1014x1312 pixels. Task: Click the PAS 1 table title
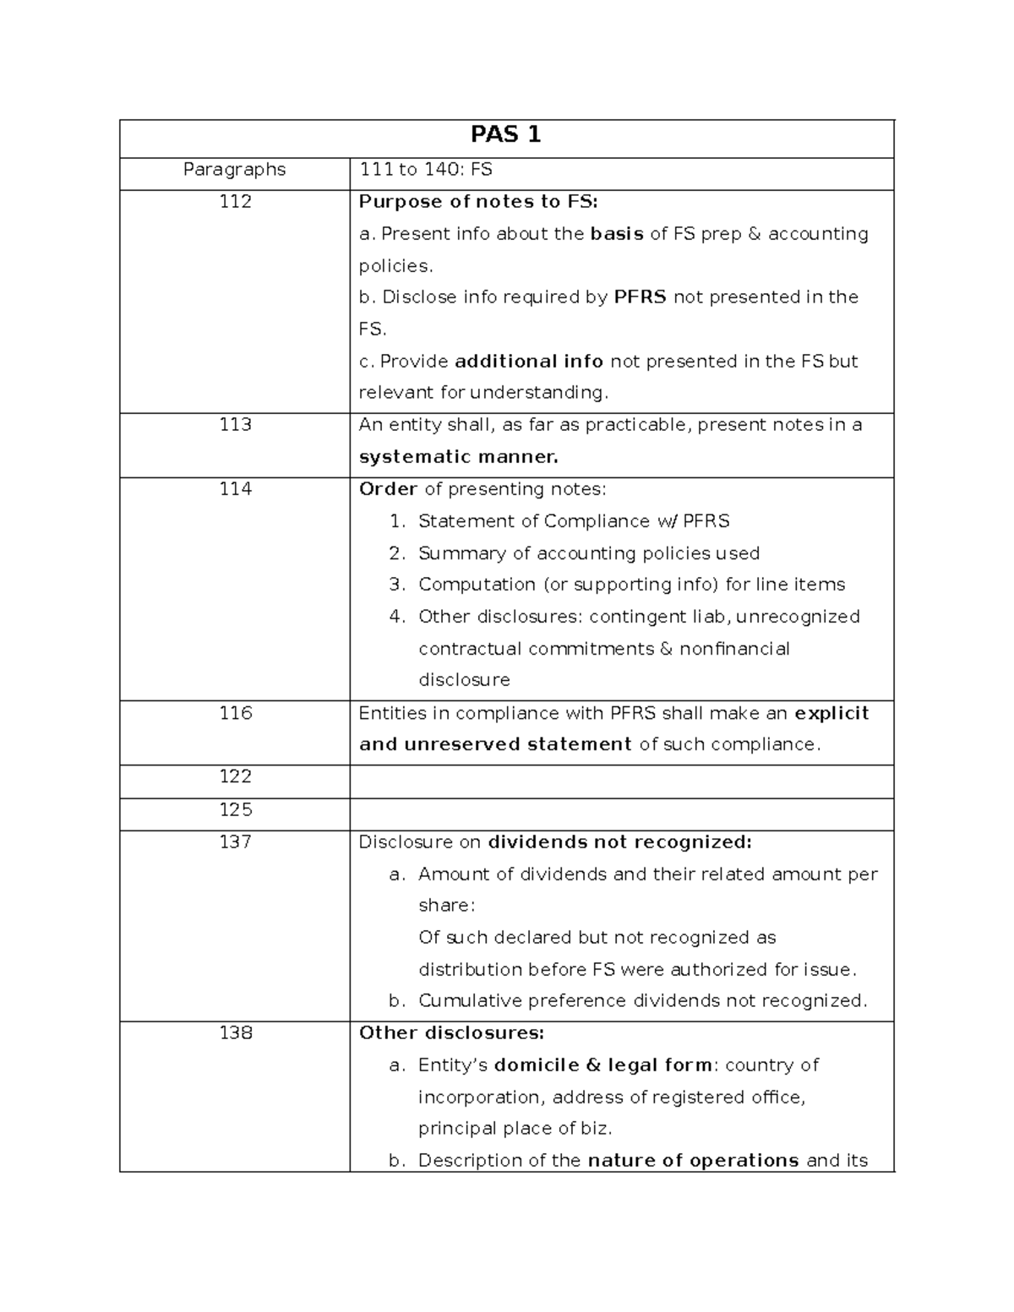505,135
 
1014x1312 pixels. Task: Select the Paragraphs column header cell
234,170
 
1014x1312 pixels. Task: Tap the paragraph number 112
234,202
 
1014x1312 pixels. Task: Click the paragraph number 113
234,425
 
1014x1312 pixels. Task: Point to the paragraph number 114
234,489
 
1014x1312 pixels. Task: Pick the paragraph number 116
234,713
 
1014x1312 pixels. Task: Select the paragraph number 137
234,841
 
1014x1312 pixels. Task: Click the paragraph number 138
234,1032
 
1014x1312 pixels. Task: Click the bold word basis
617,234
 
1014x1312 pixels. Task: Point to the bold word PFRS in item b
640,297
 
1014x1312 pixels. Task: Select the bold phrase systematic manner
458,458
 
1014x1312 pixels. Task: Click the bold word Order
388,489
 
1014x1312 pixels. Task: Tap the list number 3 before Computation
397,585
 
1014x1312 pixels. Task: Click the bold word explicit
831,713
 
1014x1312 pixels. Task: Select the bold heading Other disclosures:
451,1032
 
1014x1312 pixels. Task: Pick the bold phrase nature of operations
693,1160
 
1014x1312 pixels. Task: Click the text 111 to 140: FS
426,170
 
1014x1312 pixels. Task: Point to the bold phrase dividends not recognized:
619,842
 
